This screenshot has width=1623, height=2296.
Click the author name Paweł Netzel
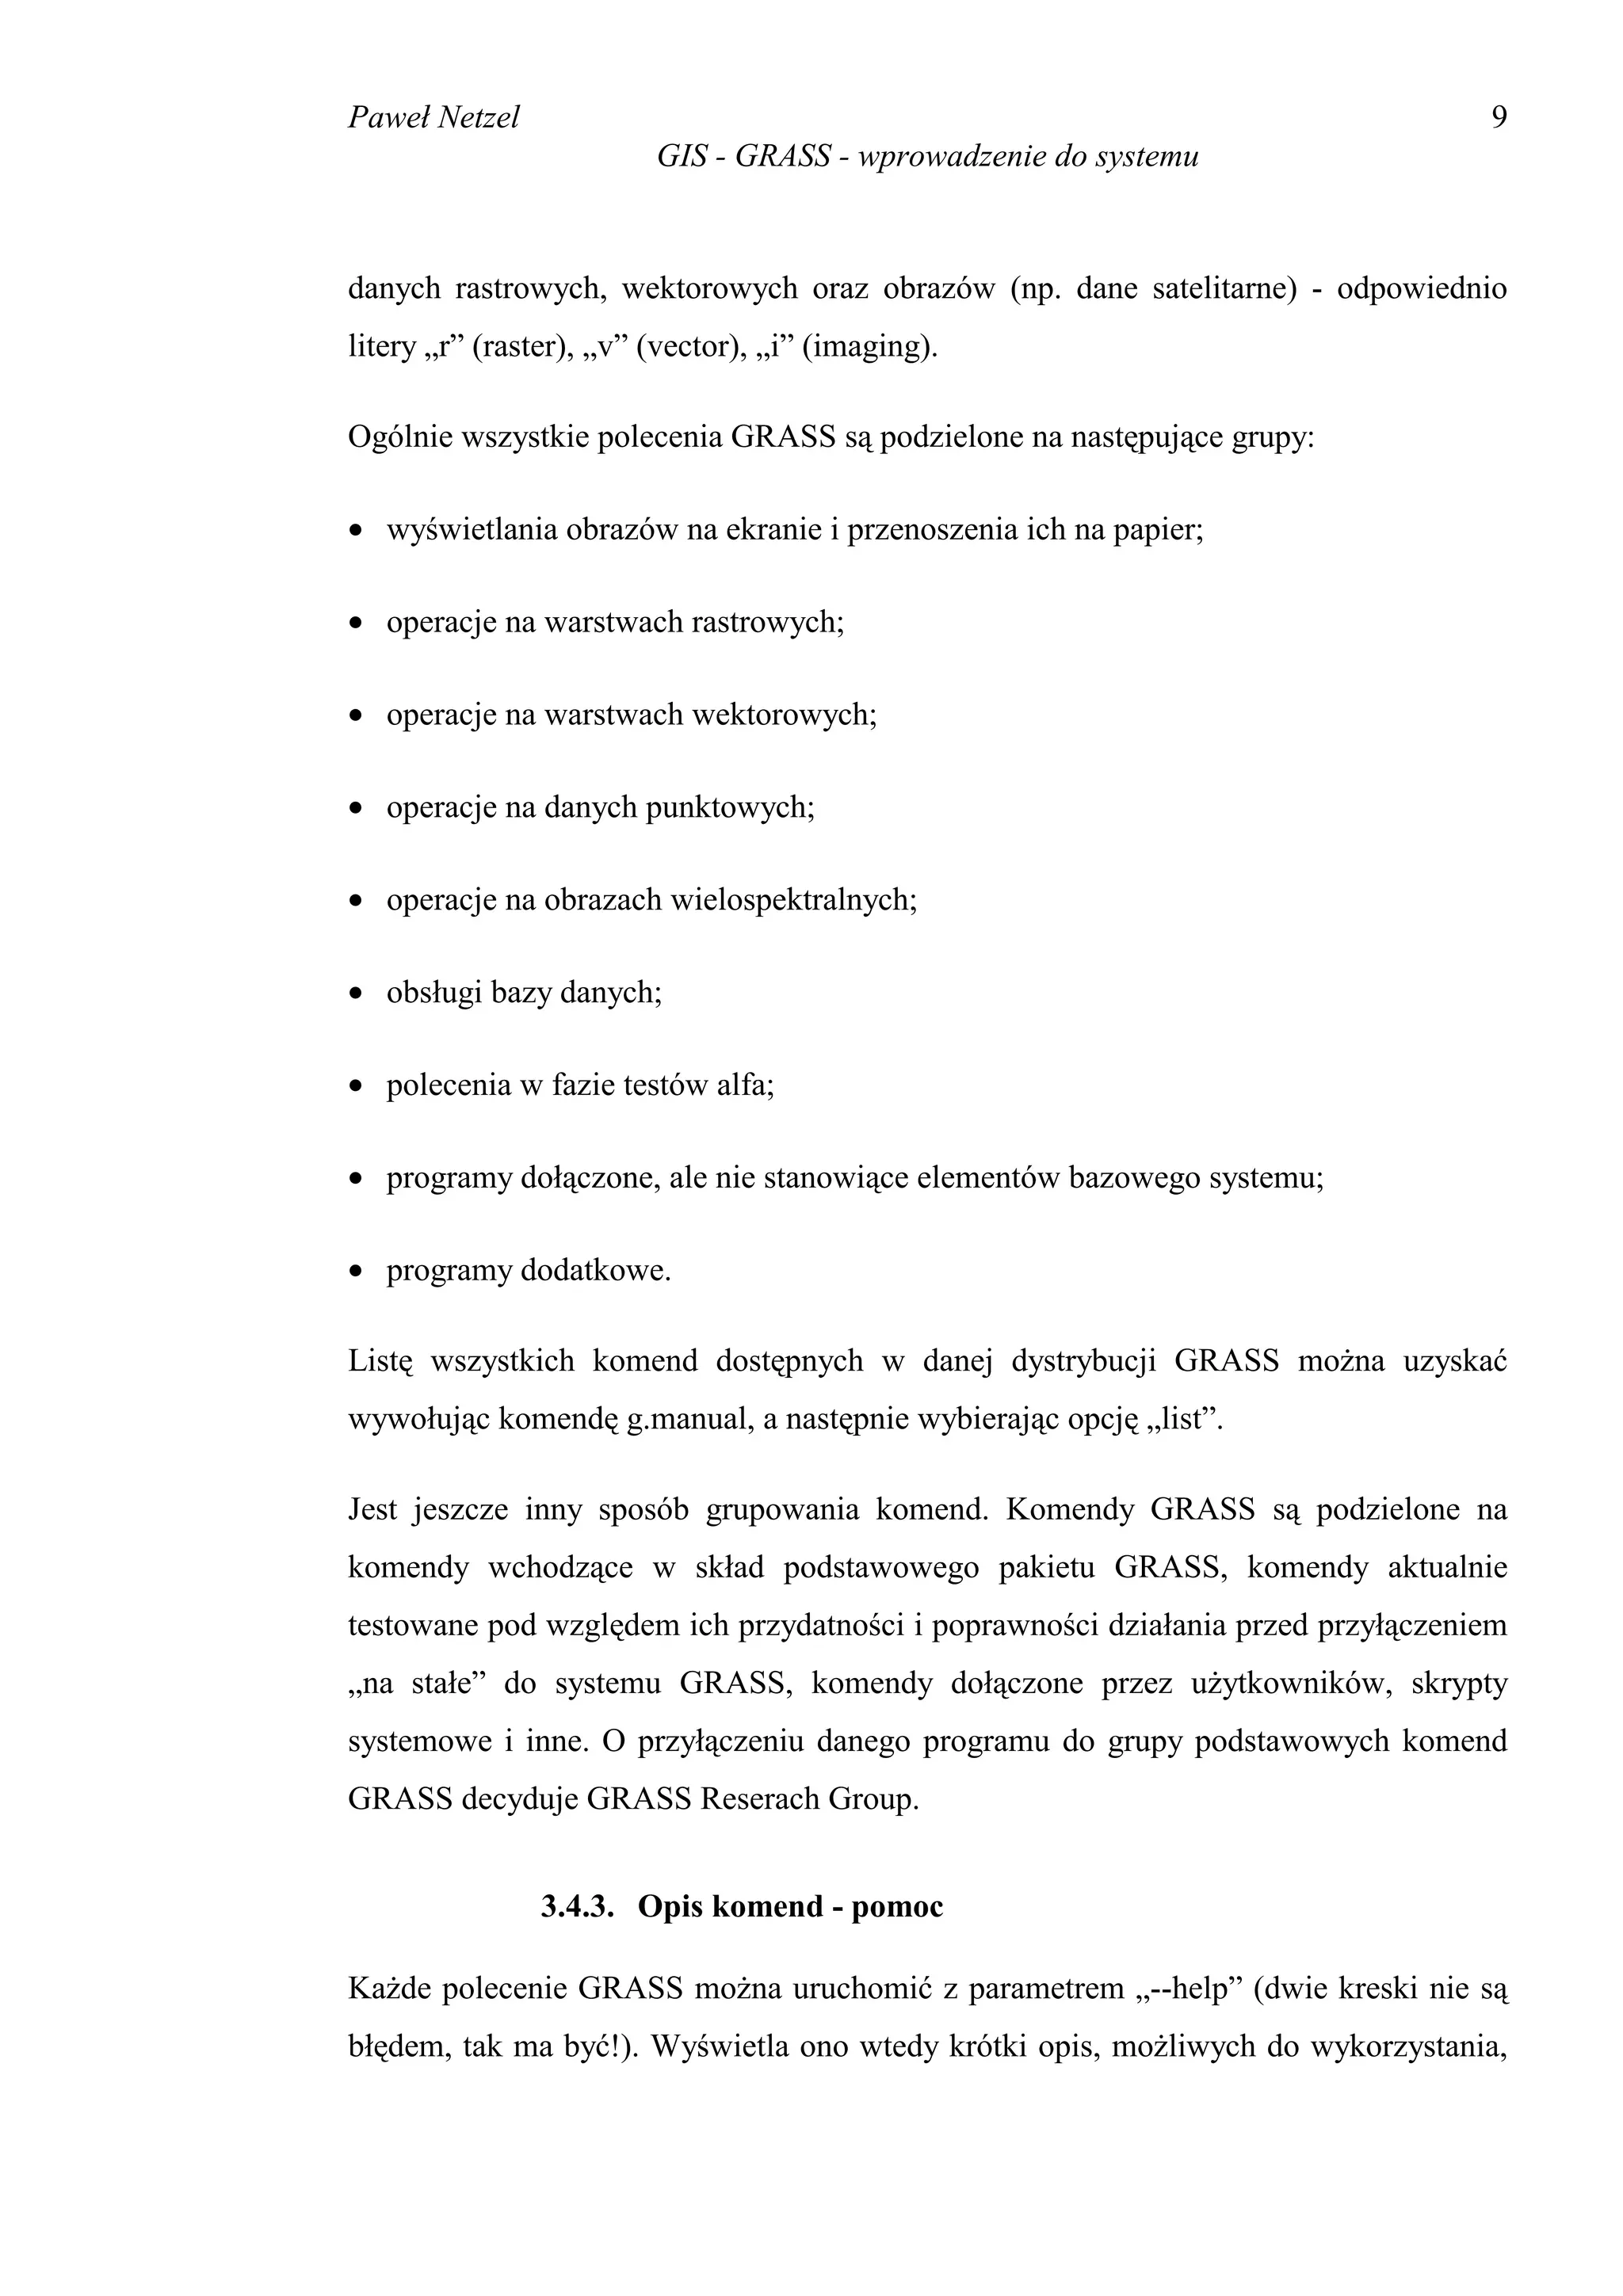point(433,118)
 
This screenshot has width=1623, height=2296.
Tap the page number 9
point(1498,118)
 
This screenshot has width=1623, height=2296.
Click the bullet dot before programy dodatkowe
point(356,1274)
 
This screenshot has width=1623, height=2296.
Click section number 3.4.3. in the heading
point(577,1907)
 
